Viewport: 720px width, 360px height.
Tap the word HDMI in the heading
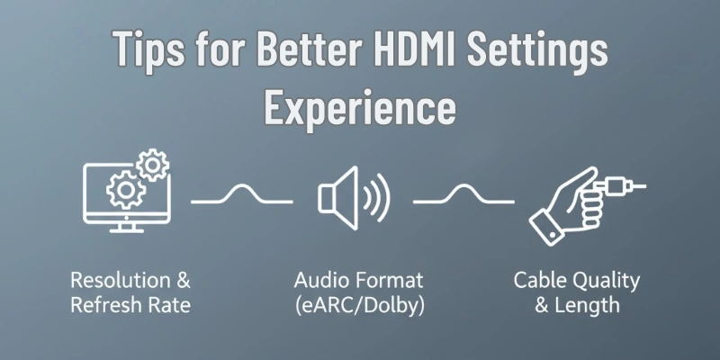click(443, 50)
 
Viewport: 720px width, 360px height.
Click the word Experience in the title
click(359, 107)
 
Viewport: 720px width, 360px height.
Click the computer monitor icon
click(121, 194)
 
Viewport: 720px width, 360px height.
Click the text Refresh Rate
click(131, 305)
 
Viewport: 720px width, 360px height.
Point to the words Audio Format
click(358, 280)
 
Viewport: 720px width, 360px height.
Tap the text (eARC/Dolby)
click(359, 305)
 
